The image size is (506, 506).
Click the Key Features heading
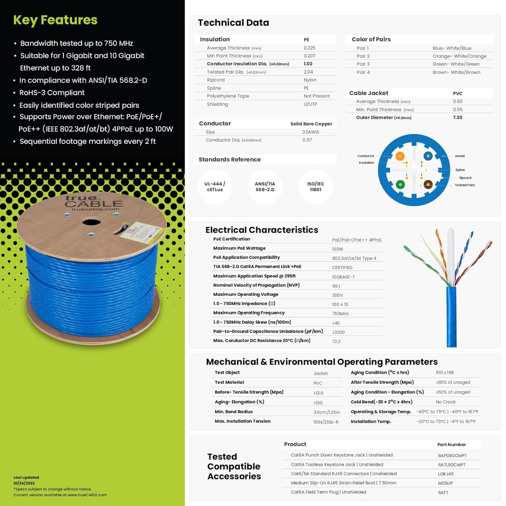(55, 20)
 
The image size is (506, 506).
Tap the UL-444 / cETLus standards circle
(215, 187)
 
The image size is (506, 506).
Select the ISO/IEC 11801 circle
(316, 187)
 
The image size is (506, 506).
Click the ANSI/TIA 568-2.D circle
(265, 187)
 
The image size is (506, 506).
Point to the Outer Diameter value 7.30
(457, 117)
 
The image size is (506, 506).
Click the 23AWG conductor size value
(310, 132)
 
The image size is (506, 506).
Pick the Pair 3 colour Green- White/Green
(456, 64)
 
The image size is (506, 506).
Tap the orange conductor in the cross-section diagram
(400, 156)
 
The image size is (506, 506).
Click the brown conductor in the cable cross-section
(428, 184)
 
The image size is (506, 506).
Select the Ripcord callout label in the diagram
(465, 178)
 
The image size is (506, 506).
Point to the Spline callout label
(460, 170)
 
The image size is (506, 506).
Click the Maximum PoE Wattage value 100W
(337, 249)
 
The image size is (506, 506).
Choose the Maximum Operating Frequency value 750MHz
(340, 314)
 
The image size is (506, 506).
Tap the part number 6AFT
(443, 493)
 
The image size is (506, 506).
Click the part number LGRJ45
(446, 474)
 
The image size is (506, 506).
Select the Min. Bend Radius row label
(234, 412)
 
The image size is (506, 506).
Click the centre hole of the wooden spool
(91, 222)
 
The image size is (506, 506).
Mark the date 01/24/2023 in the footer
(24, 483)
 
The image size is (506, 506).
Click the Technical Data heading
(233, 23)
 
